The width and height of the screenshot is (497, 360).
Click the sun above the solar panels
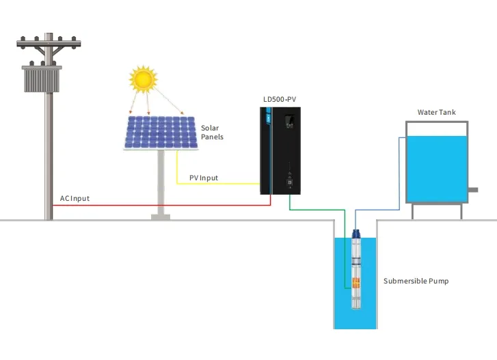click(x=143, y=79)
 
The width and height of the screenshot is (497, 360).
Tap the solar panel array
click(x=161, y=133)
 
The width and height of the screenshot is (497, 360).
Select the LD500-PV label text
click(x=280, y=100)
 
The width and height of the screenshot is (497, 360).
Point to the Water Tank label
click(x=436, y=112)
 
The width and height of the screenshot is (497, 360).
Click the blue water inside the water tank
click(x=437, y=168)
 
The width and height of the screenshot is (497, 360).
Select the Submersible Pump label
click(x=416, y=281)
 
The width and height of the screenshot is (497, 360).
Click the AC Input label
click(x=75, y=199)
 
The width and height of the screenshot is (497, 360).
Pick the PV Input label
click(x=204, y=178)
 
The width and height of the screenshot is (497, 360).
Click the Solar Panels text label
click(x=212, y=133)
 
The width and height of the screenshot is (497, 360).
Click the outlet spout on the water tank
click(x=472, y=189)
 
